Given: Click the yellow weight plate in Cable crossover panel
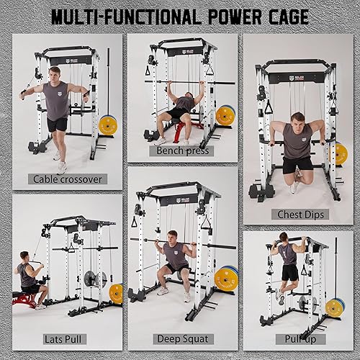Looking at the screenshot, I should pos(108,123).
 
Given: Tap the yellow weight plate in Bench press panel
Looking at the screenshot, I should pos(226,115).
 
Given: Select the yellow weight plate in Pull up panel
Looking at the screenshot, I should pos(335,307).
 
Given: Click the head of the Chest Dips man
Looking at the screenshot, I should pos(298,120).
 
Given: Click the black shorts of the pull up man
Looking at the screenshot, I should pos(290,272).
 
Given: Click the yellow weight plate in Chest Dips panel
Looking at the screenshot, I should pos(341,153).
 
